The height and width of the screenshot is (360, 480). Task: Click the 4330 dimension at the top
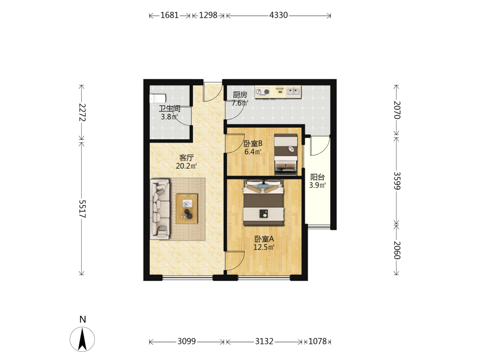tap(278, 15)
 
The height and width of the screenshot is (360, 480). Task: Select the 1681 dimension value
tap(169, 15)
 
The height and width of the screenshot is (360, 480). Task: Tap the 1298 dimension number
tap(208, 15)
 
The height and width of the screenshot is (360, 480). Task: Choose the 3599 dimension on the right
tap(397, 180)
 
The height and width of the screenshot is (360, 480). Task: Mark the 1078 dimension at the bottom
tap(318, 341)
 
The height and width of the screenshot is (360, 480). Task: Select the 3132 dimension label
tap(264, 341)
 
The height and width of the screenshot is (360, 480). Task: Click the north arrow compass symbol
tap(83, 339)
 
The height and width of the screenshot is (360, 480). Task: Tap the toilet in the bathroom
tap(157, 98)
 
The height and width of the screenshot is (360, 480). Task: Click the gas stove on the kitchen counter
tap(263, 92)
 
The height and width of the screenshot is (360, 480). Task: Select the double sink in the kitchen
tap(294, 91)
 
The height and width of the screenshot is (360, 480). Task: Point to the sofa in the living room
tap(160, 209)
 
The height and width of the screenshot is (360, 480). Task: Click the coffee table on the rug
tap(187, 209)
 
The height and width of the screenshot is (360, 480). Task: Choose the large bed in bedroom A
tap(264, 203)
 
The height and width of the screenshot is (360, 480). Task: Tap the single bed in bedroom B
tap(286, 154)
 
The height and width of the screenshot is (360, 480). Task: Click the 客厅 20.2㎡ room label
tap(186, 162)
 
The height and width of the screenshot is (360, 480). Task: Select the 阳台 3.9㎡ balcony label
tap(317, 181)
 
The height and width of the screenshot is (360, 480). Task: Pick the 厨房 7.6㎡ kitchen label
tap(240, 99)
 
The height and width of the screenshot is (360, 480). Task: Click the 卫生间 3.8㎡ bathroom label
tap(169, 112)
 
